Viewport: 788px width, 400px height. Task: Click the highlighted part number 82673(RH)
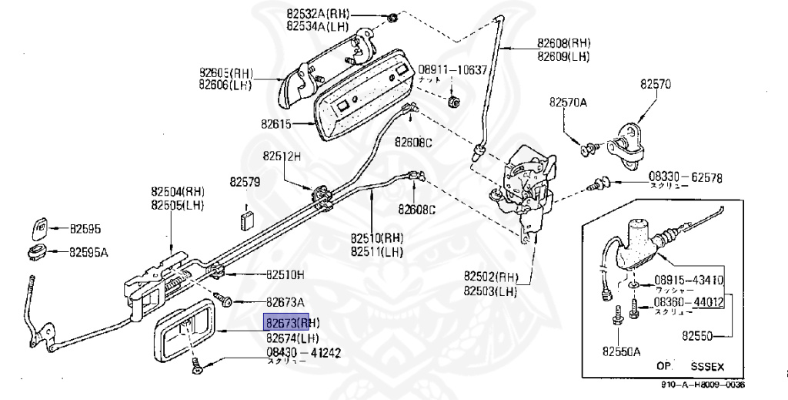pyautogui.click(x=292, y=322)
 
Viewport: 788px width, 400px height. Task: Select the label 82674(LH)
pyautogui.click(x=292, y=338)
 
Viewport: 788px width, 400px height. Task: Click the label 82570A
pyautogui.click(x=568, y=102)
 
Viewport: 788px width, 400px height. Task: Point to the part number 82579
pyautogui.click(x=245, y=183)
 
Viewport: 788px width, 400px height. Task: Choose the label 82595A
pyautogui.click(x=89, y=251)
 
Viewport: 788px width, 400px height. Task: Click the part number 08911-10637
pyautogui.click(x=453, y=69)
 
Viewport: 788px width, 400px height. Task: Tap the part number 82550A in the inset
pyautogui.click(x=621, y=351)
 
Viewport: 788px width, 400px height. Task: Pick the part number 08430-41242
pyautogui.click(x=303, y=353)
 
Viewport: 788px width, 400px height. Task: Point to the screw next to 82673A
pyautogui.click(x=224, y=301)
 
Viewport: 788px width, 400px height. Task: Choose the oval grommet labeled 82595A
pyautogui.click(x=36, y=251)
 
